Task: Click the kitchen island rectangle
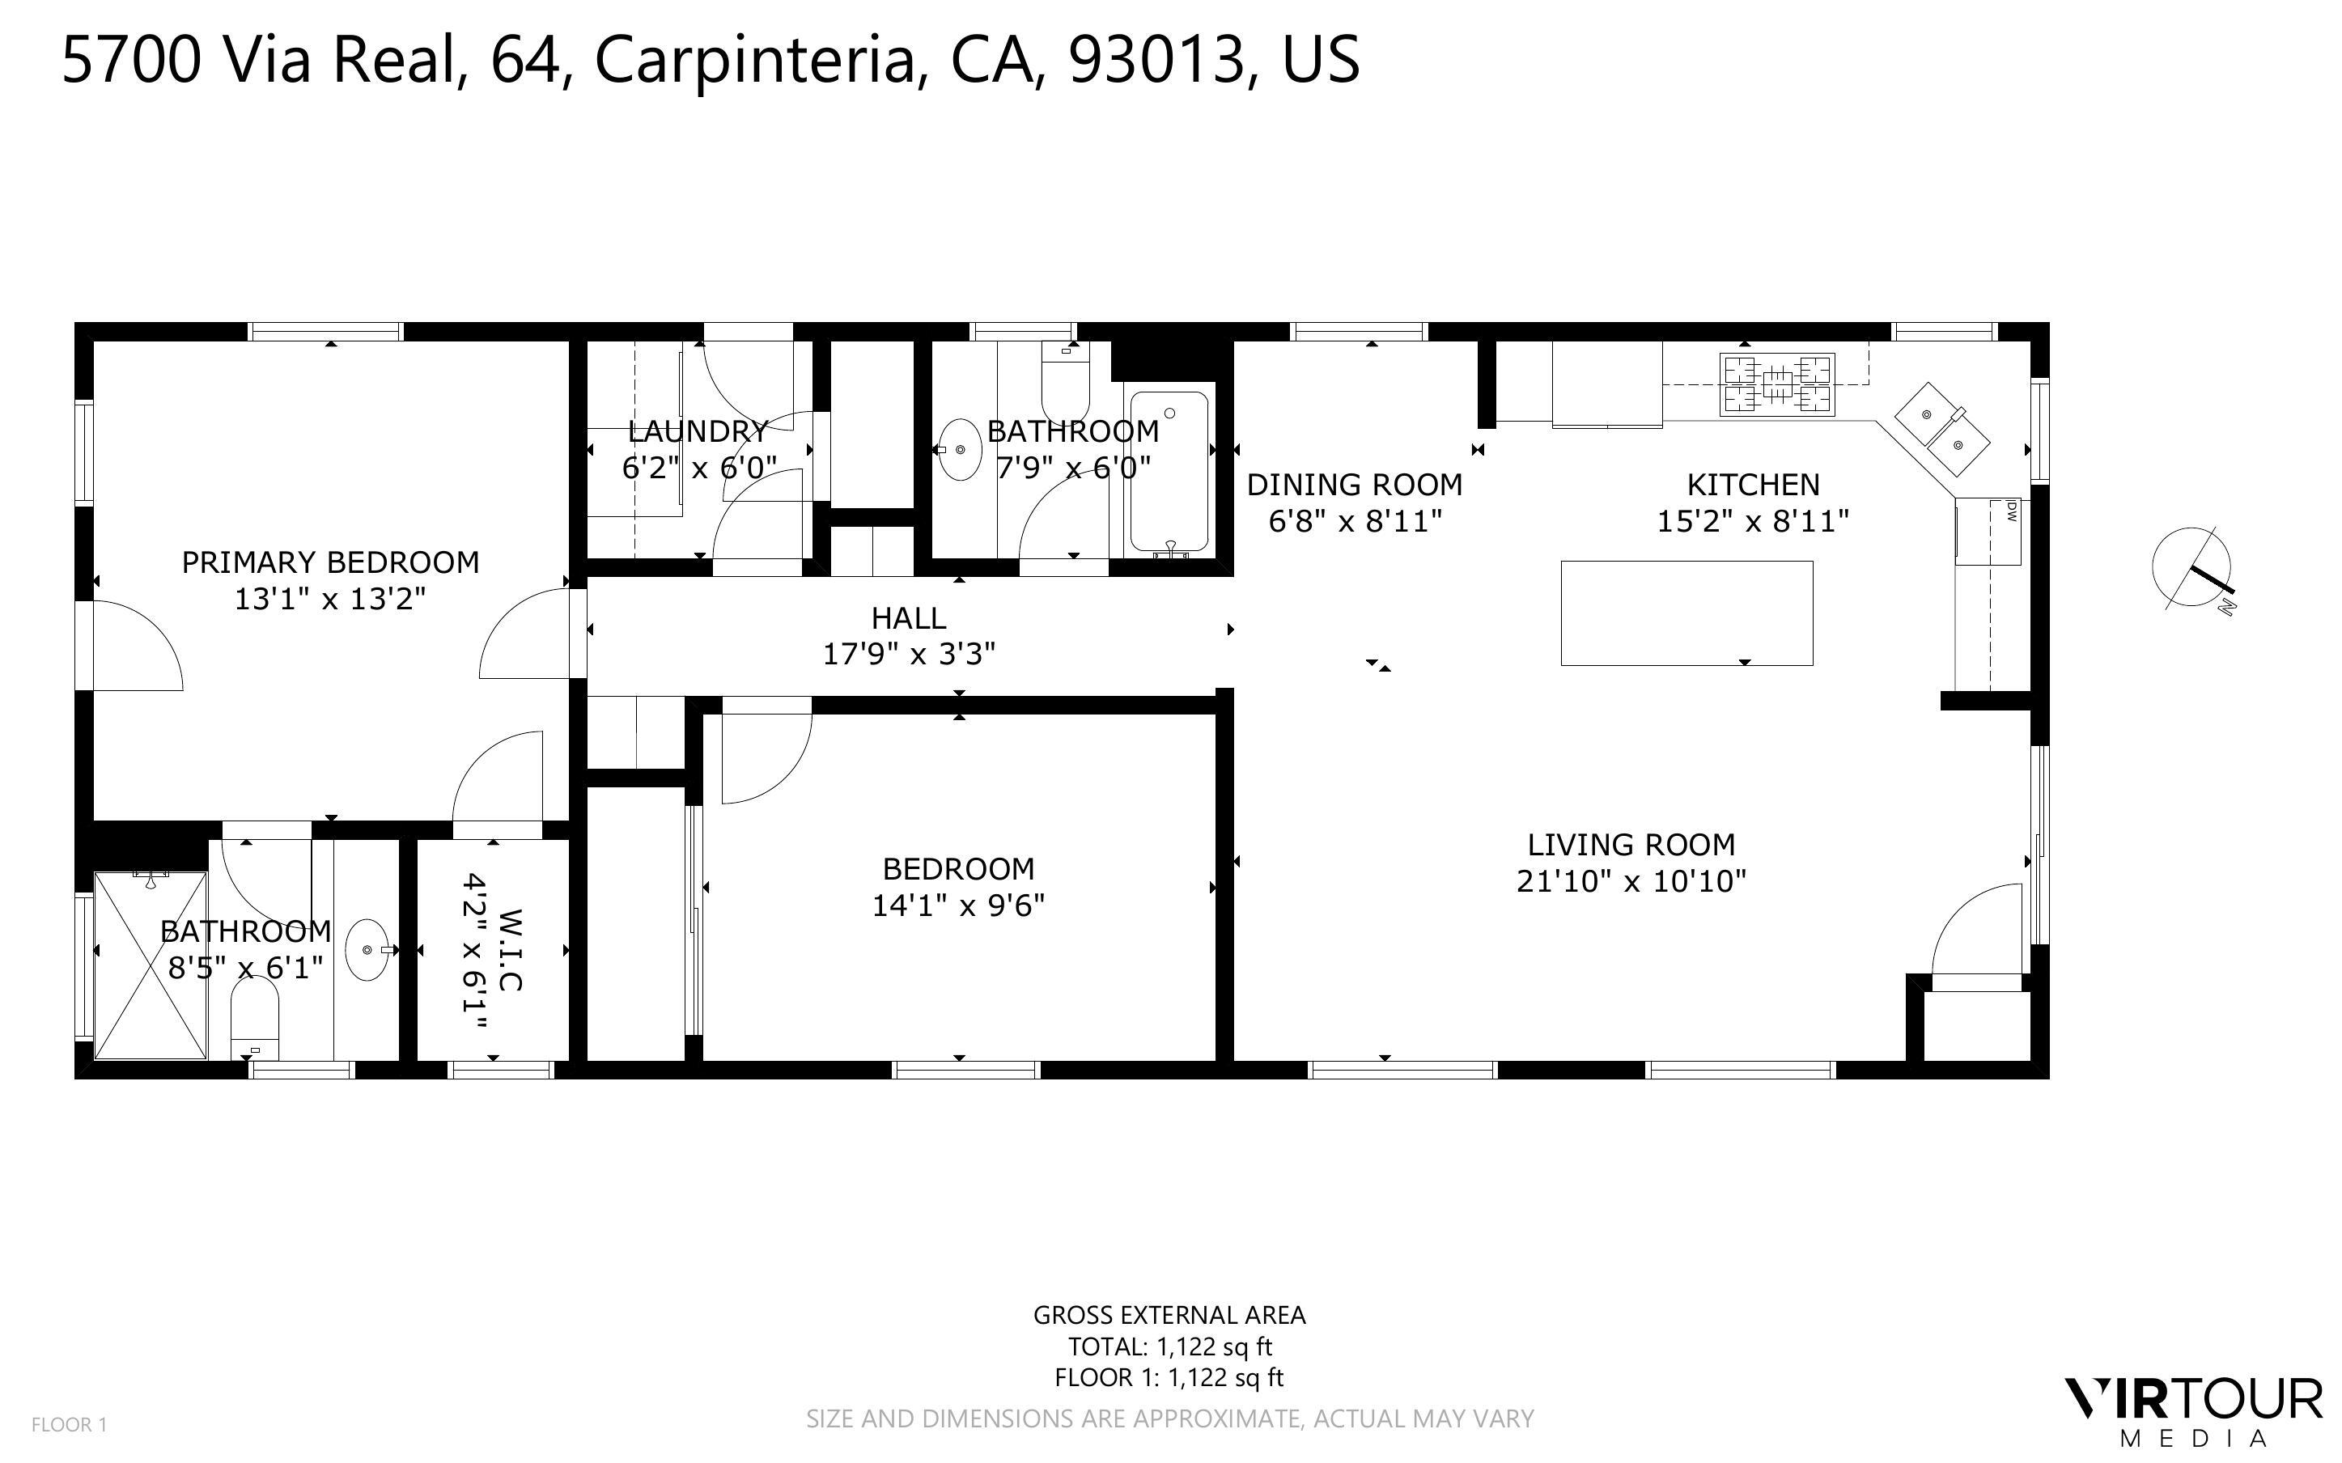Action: coord(1686,613)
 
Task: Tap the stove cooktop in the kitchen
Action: coord(1777,384)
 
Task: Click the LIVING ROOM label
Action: coord(1631,845)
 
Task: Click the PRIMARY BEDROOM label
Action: coord(331,562)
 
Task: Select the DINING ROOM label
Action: coord(1355,484)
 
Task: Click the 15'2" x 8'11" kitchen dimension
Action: coord(1753,522)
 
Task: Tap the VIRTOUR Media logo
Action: coord(2193,1412)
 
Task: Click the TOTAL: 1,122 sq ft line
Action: coord(1169,1346)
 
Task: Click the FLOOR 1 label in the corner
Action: coord(70,1424)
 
